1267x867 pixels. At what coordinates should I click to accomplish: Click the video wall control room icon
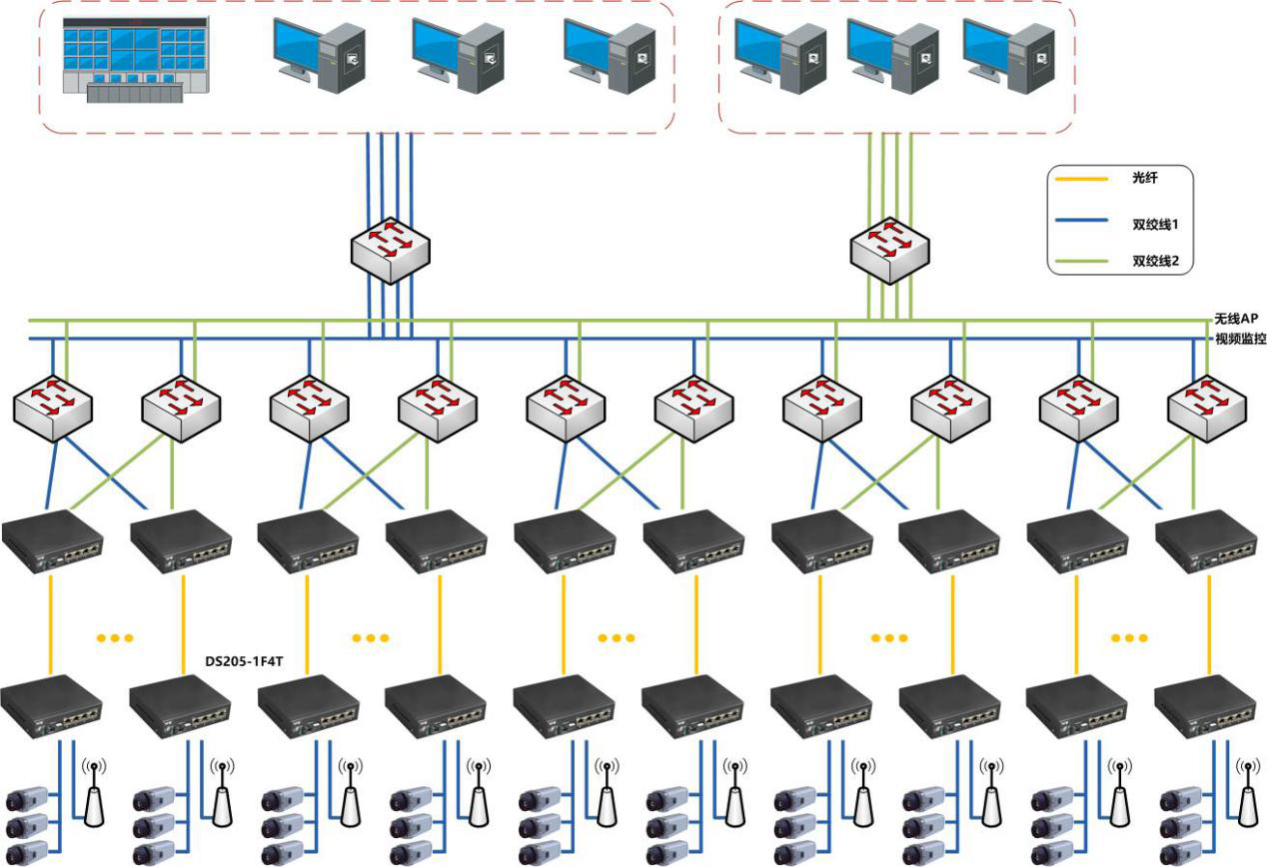[136, 59]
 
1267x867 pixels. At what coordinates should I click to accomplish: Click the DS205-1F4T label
[245, 661]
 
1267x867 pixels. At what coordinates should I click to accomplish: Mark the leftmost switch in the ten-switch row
[52, 408]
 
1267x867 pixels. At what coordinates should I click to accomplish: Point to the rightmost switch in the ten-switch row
[1207, 408]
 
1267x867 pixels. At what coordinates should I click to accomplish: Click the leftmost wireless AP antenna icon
[94, 793]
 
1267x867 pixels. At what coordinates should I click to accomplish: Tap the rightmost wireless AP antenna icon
[1247, 793]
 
